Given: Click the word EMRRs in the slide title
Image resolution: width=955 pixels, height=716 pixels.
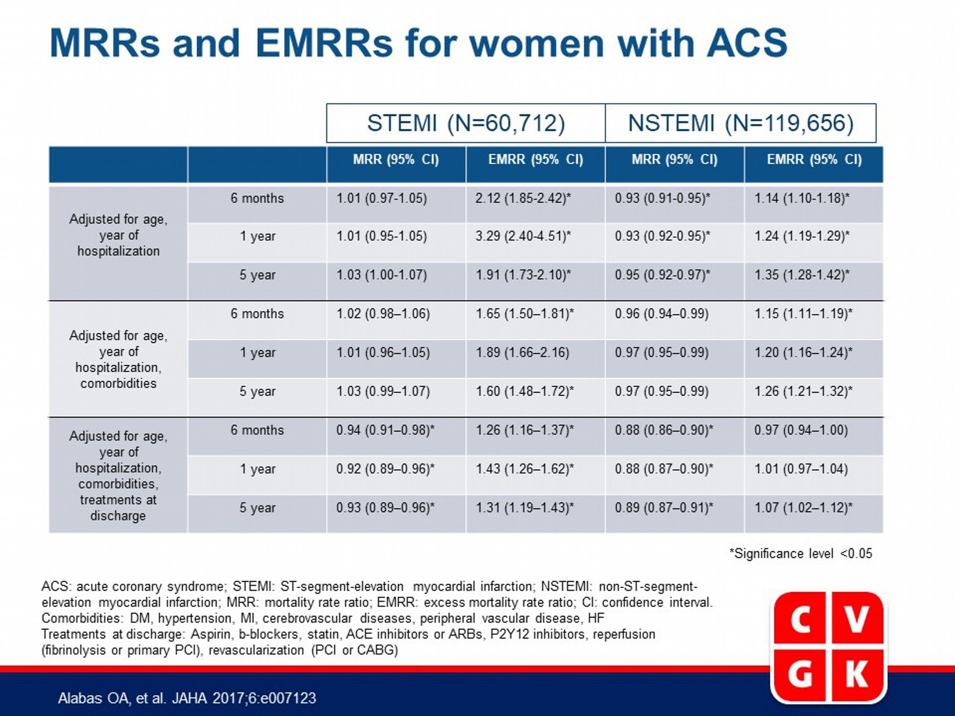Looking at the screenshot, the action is [324, 43].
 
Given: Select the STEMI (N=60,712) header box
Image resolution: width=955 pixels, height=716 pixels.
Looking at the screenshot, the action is [466, 123].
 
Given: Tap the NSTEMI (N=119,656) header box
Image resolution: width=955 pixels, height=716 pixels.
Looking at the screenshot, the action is [741, 123].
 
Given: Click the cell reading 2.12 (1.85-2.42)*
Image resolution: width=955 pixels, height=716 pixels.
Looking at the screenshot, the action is [523, 198].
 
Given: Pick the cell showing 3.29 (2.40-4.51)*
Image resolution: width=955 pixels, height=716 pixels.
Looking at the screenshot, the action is [523, 236].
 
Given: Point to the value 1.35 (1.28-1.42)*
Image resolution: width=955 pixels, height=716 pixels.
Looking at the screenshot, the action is [802, 275].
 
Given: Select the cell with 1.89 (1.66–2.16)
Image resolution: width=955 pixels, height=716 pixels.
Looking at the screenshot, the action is [522, 353].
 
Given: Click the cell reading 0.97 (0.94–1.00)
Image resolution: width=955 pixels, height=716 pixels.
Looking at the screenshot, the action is [801, 431].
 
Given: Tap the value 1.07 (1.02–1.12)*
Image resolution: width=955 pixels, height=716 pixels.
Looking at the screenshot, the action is [803, 508].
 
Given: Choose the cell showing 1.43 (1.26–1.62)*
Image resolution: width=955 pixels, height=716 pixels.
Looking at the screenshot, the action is [525, 469].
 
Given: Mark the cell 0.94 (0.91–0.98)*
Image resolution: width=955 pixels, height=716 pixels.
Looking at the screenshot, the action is [385, 431].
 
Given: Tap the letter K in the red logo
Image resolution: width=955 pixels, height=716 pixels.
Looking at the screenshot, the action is [857, 674].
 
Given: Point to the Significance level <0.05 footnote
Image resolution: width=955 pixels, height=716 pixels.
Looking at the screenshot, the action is [801, 554].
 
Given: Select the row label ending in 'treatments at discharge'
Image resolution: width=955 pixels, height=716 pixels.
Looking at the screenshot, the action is [118, 475].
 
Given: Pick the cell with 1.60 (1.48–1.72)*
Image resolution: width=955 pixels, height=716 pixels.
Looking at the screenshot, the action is [525, 392].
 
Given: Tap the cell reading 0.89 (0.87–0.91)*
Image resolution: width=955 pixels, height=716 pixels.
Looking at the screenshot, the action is [664, 508].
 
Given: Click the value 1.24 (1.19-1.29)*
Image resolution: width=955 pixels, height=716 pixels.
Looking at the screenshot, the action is [802, 236].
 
